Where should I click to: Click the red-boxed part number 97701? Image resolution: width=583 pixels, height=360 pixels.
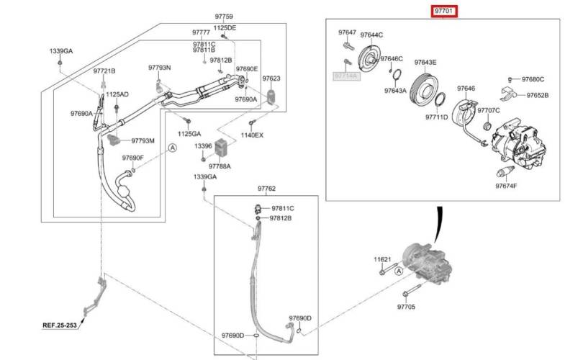pyautogui.click(x=444, y=11)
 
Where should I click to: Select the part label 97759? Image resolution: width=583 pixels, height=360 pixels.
pyautogui.click(x=224, y=17)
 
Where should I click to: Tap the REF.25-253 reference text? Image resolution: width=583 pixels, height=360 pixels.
pyautogui.click(x=60, y=325)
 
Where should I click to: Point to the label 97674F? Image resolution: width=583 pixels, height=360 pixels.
pyautogui.click(x=506, y=186)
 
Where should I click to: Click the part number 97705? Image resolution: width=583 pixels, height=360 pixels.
pyautogui.click(x=406, y=307)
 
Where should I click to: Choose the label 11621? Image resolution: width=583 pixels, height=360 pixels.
pyautogui.click(x=383, y=259)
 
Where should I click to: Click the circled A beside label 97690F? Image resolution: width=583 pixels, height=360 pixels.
pyautogui.click(x=173, y=148)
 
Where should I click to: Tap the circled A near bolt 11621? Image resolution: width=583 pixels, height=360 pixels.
pyautogui.click(x=399, y=271)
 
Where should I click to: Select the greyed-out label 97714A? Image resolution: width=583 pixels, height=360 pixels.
pyautogui.click(x=346, y=76)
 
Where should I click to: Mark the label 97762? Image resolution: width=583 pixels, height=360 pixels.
pyautogui.click(x=266, y=189)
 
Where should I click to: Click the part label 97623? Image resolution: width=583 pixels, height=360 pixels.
pyautogui.click(x=271, y=78)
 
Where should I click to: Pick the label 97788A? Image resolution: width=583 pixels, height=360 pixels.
pyautogui.click(x=220, y=166)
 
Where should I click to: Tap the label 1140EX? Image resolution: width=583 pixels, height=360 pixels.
pyautogui.click(x=252, y=135)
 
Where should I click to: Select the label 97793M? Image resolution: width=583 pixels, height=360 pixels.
pyautogui.click(x=143, y=140)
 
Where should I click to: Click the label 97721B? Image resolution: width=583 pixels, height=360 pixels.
pyautogui.click(x=104, y=71)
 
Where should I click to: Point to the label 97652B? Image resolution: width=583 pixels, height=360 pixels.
pyautogui.click(x=537, y=95)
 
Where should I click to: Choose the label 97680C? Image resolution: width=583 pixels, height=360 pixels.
pyautogui.click(x=533, y=79)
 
